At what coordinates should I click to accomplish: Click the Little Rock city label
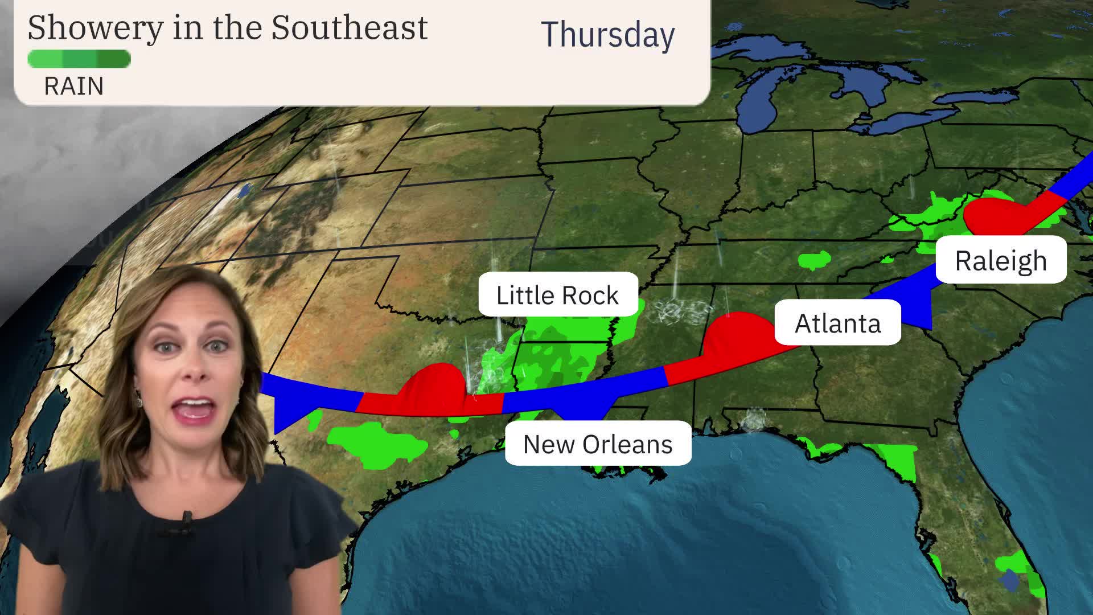[557, 295]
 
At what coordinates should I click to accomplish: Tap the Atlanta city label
[837, 323]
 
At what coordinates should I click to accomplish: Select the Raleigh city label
[1000, 261]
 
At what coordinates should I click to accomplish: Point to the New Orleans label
[598, 444]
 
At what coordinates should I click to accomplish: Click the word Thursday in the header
[607, 34]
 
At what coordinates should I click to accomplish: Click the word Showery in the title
[95, 27]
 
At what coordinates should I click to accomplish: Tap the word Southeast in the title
[349, 27]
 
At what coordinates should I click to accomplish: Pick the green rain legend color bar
[79, 59]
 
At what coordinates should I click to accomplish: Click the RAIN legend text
[74, 87]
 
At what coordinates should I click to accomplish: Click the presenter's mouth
[195, 408]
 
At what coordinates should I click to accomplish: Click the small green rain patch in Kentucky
[815, 260]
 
